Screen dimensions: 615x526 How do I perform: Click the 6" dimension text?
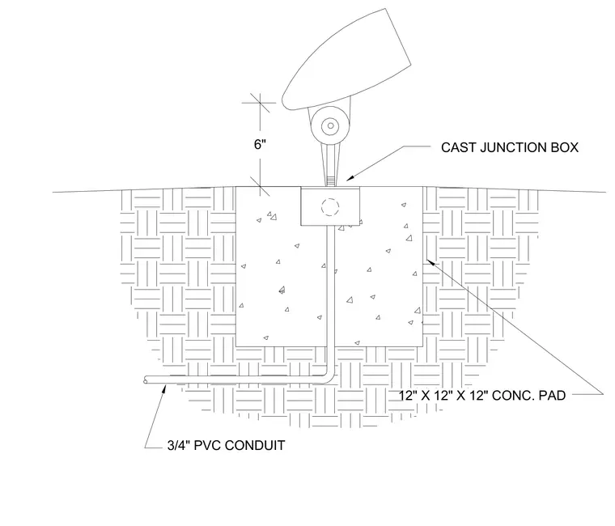pyautogui.click(x=260, y=145)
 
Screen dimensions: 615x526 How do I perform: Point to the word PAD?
pyautogui.click(x=552, y=396)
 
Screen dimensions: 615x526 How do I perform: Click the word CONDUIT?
pyautogui.click(x=255, y=446)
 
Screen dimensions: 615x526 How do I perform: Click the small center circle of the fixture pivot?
pyautogui.click(x=331, y=126)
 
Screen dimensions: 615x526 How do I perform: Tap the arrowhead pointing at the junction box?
pyautogui.click(x=350, y=179)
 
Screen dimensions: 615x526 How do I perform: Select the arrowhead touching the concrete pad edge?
pyautogui.click(x=430, y=262)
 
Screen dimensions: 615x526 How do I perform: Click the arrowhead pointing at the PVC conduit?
pyautogui.click(x=165, y=388)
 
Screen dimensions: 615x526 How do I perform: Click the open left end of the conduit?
pyautogui.click(x=146, y=380)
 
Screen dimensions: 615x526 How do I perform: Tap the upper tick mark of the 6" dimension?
pyautogui.click(x=260, y=103)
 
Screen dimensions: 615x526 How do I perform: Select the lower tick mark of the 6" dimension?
pyautogui.click(x=260, y=186)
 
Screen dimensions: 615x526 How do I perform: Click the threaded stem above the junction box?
pyautogui.click(x=331, y=181)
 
